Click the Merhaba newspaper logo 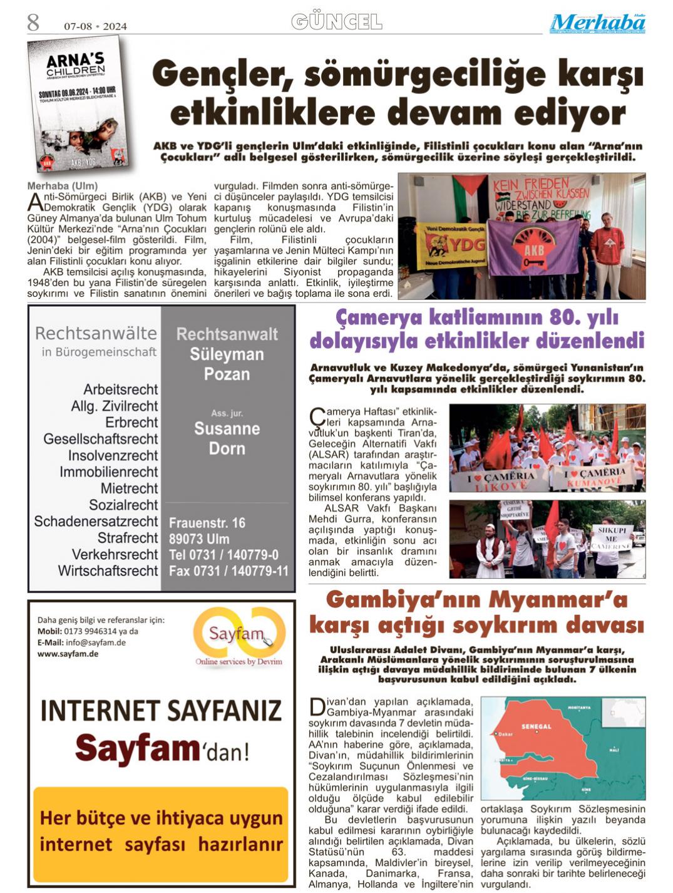(x=597, y=24)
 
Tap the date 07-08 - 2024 (x=95, y=26)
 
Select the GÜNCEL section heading (x=336, y=23)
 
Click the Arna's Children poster (x=78, y=104)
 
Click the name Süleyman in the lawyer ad (x=227, y=354)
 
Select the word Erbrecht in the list (x=131, y=422)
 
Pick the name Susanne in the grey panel (x=227, y=429)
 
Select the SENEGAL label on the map (x=536, y=726)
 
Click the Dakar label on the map (x=505, y=734)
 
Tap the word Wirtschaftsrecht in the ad (x=108, y=570)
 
